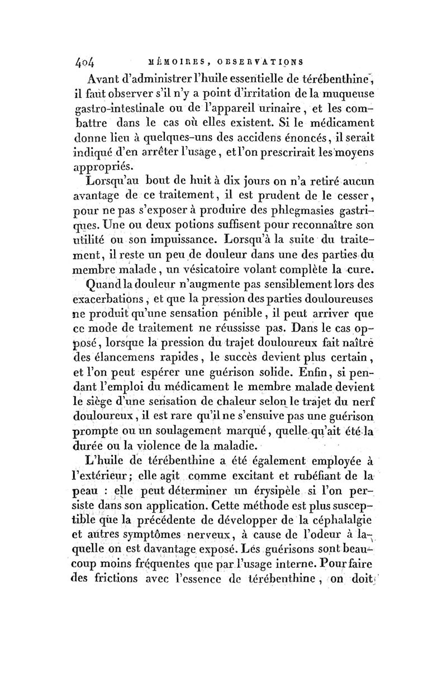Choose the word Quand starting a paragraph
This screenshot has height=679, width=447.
[x=112, y=284]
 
